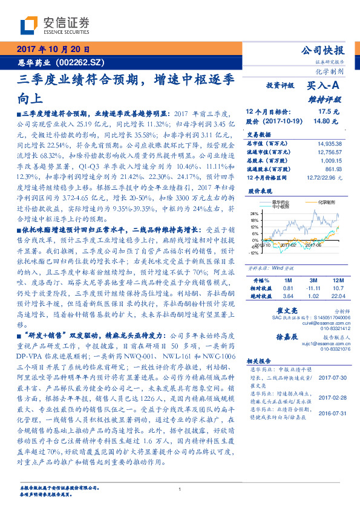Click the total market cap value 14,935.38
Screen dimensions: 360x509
click(329, 143)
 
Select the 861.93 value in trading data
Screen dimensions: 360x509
click(333, 169)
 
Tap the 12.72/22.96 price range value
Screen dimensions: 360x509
click(324, 177)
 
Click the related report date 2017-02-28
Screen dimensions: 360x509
click(331, 397)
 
